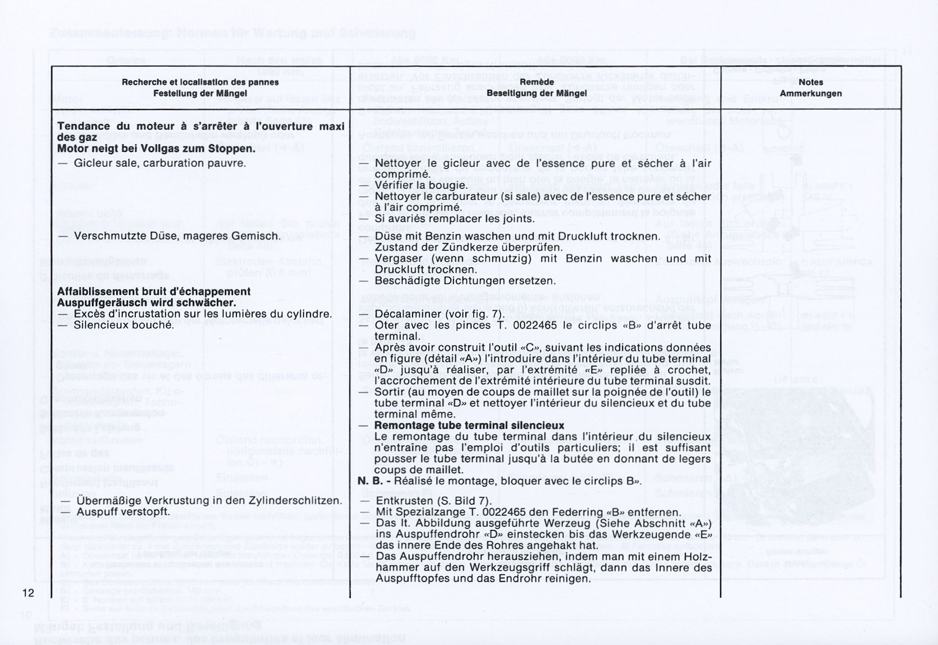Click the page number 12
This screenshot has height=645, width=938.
[28, 593]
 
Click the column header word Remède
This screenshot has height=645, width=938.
[536, 83]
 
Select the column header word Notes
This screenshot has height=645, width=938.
[810, 83]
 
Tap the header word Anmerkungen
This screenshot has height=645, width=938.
[810, 94]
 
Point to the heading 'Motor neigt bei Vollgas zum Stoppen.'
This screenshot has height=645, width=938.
[156, 149]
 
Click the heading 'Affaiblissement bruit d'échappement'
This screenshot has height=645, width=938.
[154, 291]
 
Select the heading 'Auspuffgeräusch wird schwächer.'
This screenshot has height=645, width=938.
[147, 303]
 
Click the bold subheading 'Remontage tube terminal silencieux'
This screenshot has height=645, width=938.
[469, 426]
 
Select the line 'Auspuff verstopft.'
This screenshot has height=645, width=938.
[123, 512]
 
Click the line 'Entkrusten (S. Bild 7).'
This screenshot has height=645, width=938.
[433, 501]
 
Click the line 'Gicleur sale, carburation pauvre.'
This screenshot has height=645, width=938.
[160, 163]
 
